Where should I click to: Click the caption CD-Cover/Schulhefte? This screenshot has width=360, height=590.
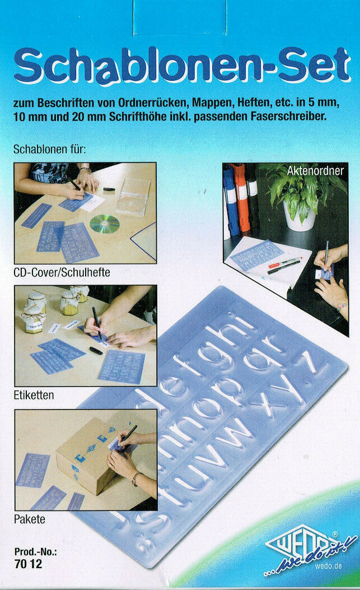pos(62,272)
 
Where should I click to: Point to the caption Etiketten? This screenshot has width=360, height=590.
pos(34,395)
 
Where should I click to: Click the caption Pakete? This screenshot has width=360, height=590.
pos(30,519)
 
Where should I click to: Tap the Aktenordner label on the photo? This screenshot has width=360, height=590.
pos(315,170)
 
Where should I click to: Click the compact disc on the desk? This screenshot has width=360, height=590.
pos(105,224)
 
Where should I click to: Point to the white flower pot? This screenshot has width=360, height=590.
pos(298,216)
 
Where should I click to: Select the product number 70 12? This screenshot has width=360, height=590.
pos(28,565)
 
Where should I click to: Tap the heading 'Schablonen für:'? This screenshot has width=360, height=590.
pos(49,150)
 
